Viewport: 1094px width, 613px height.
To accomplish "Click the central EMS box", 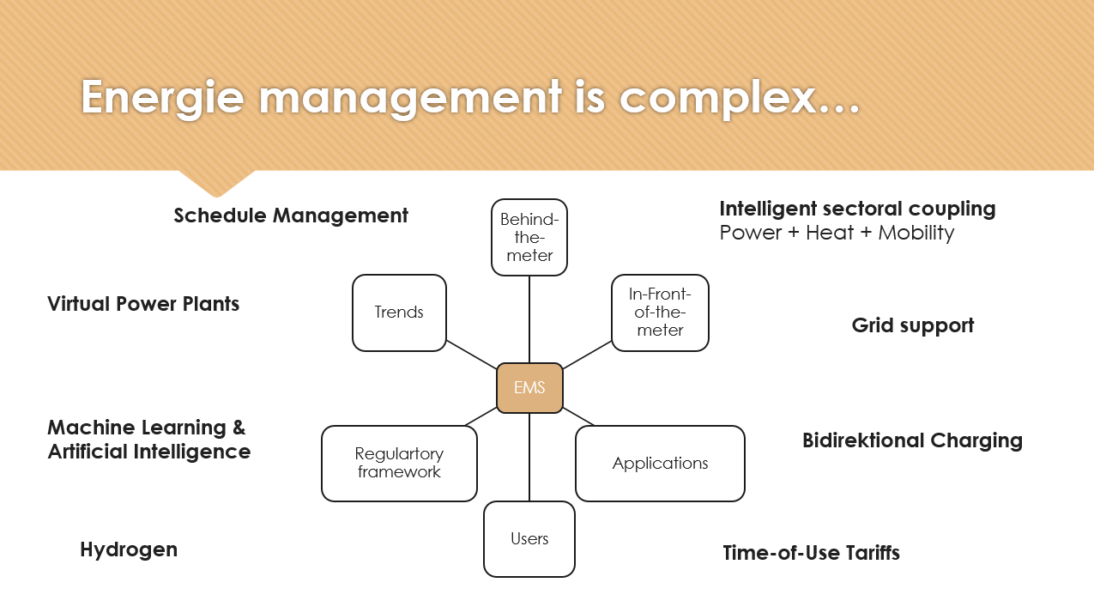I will pyautogui.click(x=529, y=388).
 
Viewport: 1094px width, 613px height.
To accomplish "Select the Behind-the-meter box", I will pyautogui.click(x=529, y=237).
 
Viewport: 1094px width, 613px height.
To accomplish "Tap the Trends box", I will pyautogui.click(x=399, y=313).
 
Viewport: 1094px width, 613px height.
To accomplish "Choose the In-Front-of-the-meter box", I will pyautogui.click(x=660, y=313).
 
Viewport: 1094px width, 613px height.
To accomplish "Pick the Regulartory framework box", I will pyautogui.click(x=399, y=463).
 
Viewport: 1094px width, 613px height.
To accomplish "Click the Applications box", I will pyautogui.click(x=660, y=463).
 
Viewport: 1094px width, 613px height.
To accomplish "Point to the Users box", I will pyautogui.click(x=529, y=538).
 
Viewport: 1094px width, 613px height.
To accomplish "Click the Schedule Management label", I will pyautogui.click(x=291, y=215).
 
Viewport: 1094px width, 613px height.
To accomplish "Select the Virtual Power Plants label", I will pyautogui.click(x=143, y=304).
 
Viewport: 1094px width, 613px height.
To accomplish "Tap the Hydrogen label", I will pyautogui.click(x=129, y=549).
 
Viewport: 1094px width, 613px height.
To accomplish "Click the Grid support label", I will pyautogui.click(x=913, y=325).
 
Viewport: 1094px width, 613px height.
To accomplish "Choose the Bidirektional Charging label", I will pyautogui.click(x=912, y=440).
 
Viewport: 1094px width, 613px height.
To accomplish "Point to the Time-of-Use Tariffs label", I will pyautogui.click(x=811, y=553).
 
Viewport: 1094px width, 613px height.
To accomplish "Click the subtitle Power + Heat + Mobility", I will pyautogui.click(x=837, y=234).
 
